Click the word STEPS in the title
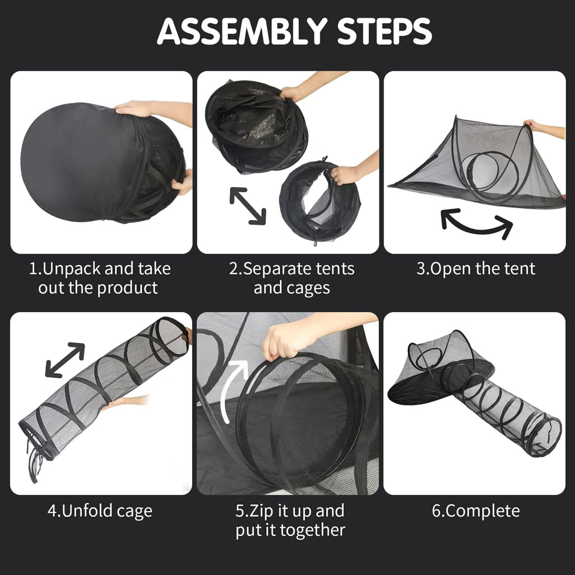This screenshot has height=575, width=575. (384, 31)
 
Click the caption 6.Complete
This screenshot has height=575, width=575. (476, 511)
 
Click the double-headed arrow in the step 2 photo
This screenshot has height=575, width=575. (247, 206)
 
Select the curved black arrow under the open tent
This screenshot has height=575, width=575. (476, 224)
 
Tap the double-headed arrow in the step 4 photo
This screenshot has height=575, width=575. (65, 360)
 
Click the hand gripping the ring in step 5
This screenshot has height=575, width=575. (282, 342)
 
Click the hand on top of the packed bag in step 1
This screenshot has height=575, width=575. (132, 108)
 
